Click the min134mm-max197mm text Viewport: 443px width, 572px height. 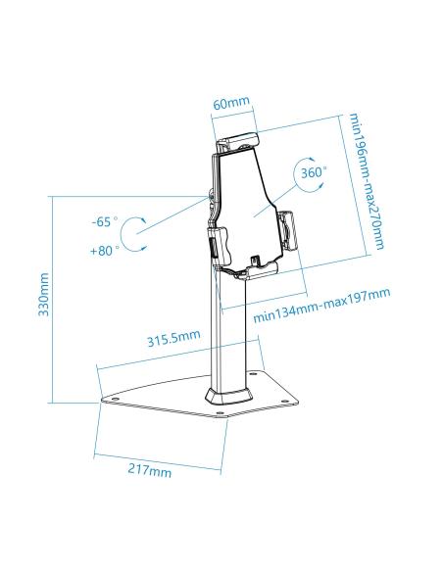(x=321, y=305)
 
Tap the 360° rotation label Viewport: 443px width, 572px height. (x=312, y=172)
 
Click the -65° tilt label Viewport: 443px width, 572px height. (x=104, y=221)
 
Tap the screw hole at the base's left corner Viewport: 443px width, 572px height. (x=106, y=397)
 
